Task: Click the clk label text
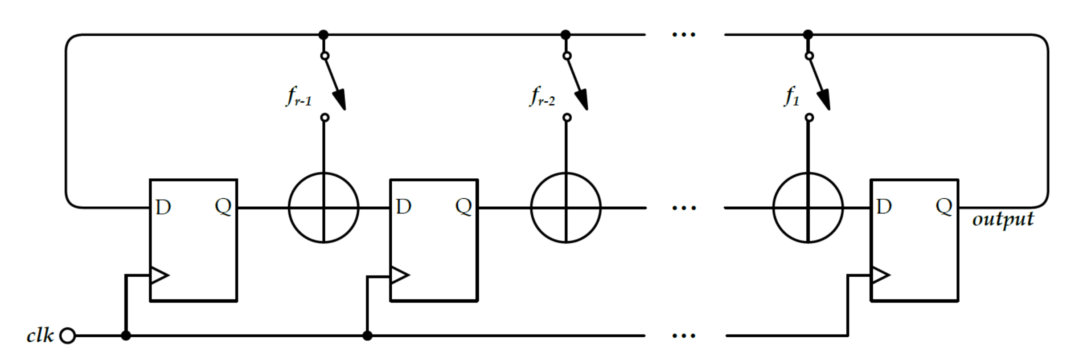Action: coord(40,335)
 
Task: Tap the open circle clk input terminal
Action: coord(67,335)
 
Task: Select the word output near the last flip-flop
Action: coord(1003,220)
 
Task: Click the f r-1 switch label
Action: coord(298,97)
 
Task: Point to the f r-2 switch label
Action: coord(542,97)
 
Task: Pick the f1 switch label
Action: coord(792,97)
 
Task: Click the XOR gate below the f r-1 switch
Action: coord(324,208)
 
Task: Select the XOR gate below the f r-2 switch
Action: coord(566,208)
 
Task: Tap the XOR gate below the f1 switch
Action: coord(808,208)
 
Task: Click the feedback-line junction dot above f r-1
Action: coord(324,35)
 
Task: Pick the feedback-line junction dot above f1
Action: coord(808,35)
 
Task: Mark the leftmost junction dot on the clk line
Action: coord(126,335)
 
